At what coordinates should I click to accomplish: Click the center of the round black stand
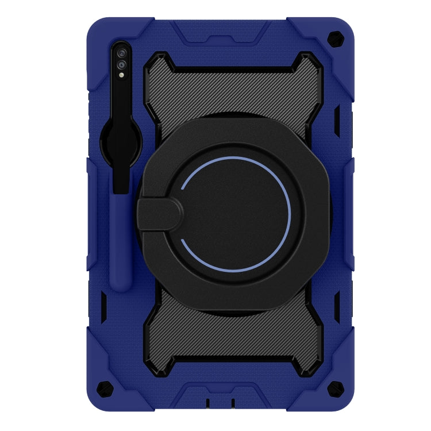(x=236, y=213)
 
